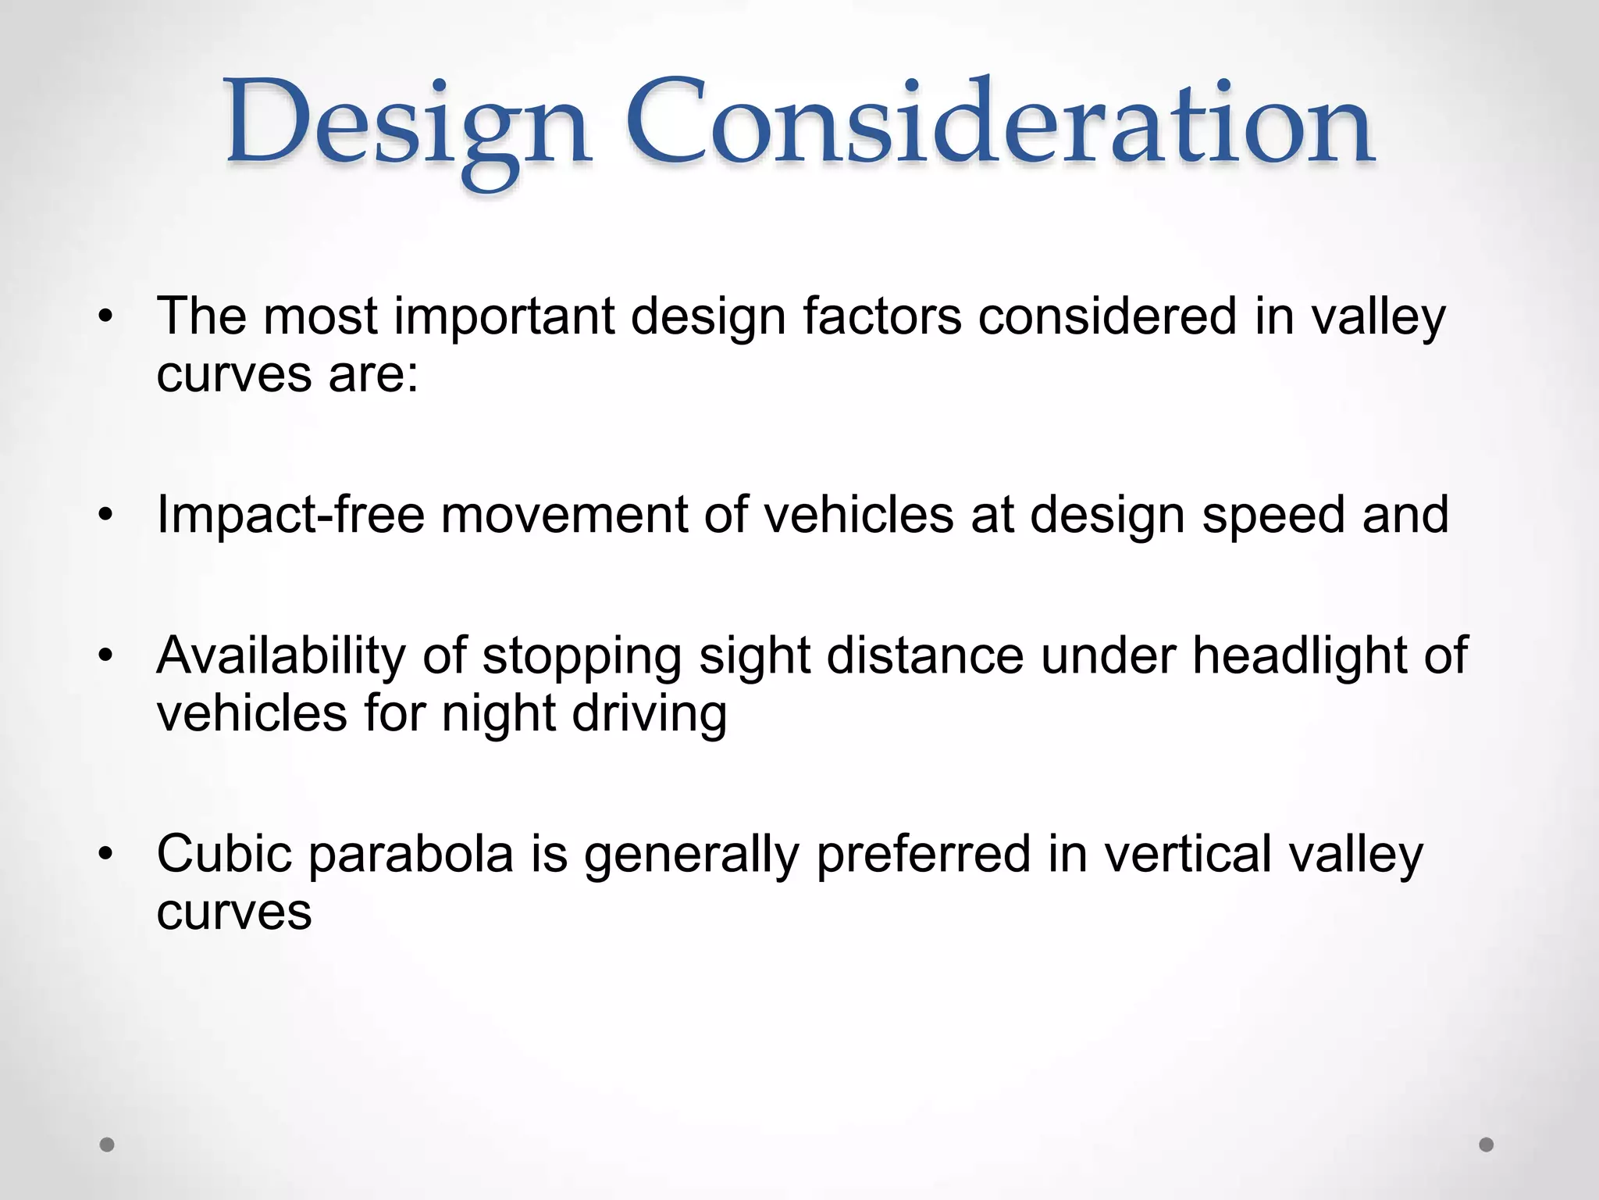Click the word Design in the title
(x=406, y=125)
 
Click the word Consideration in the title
(x=999, y=125)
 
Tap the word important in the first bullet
(x=504, y=318)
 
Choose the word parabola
(x=411, y=855)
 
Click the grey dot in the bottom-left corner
(x=108, y=1145)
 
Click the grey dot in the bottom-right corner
(x=1487, y=1145)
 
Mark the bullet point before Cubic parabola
(x=106, y=854)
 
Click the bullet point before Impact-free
(x=106, y=516)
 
